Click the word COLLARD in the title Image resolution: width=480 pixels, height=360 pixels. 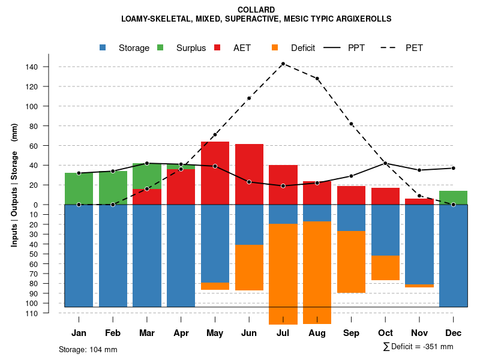click(x=256, y=10)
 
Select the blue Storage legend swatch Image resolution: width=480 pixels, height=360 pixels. click(x=103, y=47)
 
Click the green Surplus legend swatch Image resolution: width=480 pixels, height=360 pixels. click(x=161, y=47)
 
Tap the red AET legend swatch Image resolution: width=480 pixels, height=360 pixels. click(x=218, y=47)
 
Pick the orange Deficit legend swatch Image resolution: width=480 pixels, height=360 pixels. click(x=275, y=47)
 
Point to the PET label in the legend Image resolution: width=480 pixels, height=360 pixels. click(x=414, y=48)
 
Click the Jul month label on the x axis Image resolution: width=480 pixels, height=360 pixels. click(x=283, y=333)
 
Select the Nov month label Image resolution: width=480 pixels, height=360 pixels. click(x=419, y=333)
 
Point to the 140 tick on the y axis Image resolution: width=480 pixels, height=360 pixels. click(x=49, y=67)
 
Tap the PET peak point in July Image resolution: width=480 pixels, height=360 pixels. click(x=283, y=64)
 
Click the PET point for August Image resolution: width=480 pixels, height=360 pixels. click(x=317, y=79)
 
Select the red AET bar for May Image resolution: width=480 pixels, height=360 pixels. click(x=215, y=173)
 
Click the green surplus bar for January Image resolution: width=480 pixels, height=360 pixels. click(x=79, y=188)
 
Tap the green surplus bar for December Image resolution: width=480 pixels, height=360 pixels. click(x=454, y=197)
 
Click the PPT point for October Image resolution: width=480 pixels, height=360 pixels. click(x=385, y=163)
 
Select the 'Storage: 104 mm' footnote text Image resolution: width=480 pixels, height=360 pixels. click(x=88, y=349)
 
